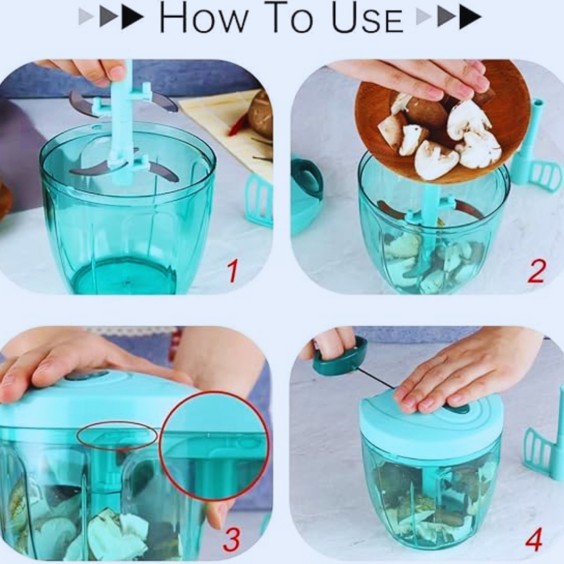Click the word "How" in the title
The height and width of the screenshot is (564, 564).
click(x=204, y=17)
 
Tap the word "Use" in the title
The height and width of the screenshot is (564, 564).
click(x=367, y=17)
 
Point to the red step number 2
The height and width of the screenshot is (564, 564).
click(x=536, y=271)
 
